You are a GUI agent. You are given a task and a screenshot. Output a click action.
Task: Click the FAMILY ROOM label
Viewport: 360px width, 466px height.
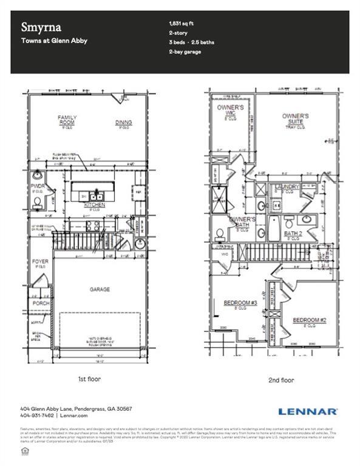tap(66, 120)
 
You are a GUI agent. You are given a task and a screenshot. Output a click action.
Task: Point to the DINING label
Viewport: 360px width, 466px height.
tap(123, 123)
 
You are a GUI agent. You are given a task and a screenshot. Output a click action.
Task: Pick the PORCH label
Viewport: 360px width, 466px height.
tap(41, 303)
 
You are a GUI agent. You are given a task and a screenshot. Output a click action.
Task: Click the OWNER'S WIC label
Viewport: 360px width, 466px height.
tap(231, 110)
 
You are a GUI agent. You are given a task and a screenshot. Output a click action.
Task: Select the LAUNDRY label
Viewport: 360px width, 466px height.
tap(287, 186)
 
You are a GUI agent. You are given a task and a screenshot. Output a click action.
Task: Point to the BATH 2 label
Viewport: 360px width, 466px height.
tap(293, 233)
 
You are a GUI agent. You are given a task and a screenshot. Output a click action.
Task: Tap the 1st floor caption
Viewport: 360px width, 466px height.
tap(89, 379)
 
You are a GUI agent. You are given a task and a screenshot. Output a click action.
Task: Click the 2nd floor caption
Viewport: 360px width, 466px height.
tap(280, 380)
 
